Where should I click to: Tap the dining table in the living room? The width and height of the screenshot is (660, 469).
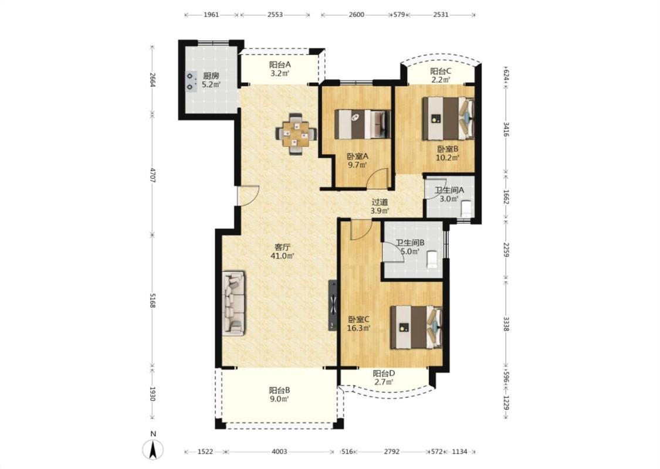point(296,134)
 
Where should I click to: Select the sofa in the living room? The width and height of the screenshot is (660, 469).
point(233,303)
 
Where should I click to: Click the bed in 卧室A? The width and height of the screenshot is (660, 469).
point(363,124)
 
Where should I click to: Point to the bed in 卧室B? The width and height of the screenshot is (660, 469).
point(448,118)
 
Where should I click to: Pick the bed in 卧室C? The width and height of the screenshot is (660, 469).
point(417,327)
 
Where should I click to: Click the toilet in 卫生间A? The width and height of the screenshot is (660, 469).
point(466,208)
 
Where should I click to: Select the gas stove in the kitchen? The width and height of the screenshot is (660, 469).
point(191,81)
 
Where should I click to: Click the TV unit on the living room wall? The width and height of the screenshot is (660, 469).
point(333,305)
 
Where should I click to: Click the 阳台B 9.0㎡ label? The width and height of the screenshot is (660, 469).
point(279,394)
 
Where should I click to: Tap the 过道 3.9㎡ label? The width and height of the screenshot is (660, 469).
point(380,206)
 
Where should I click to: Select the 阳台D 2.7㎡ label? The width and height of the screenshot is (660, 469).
point(384,378)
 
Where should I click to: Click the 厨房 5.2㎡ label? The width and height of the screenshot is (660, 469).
point(211,80)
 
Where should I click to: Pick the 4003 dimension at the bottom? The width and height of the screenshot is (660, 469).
point(279,452)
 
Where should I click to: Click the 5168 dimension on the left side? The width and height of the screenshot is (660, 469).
point(153,300)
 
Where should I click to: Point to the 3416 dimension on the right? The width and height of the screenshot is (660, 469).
point(506,130)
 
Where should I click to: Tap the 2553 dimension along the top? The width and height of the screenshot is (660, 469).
point(275,15)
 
